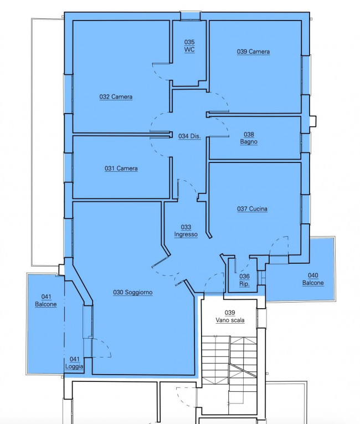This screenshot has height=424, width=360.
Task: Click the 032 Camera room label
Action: pos(116,97)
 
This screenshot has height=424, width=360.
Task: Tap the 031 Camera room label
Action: pos(121,168)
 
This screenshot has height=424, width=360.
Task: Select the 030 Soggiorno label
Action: pos(133,292)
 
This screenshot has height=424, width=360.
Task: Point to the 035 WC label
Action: pos(189,45)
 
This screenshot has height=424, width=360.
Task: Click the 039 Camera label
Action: pos(253,52)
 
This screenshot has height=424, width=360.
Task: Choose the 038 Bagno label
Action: pos(249,138)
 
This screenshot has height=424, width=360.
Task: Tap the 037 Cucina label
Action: pos(252,209)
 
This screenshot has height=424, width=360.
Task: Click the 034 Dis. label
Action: pos(189,136)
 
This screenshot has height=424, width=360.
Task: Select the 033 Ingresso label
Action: pos(186,231)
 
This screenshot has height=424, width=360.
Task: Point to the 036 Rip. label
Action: pos(244,280)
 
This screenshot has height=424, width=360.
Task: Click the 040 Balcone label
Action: pos(313,279)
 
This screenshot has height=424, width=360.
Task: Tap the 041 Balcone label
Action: pos(46,300)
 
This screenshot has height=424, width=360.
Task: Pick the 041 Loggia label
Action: pos(74,362)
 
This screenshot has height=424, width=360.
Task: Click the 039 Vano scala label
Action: pos(230,316)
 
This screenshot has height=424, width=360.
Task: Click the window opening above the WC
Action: pos(191,16)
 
